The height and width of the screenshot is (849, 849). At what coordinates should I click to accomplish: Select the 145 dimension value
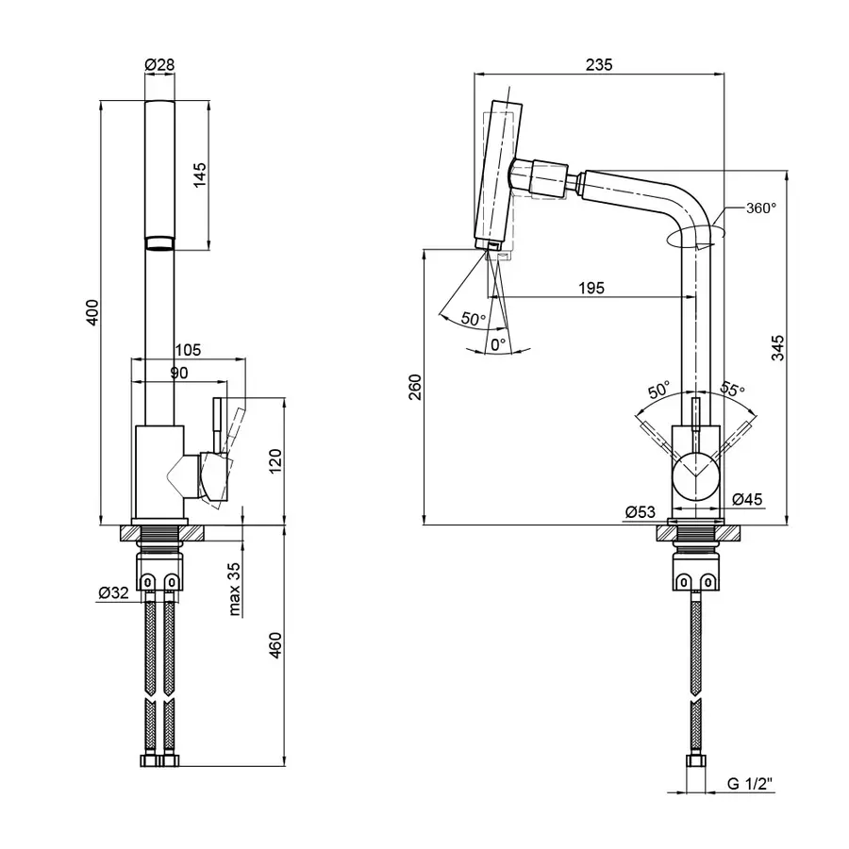[x=200, y=175]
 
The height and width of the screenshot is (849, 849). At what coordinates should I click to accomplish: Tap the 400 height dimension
[x=92, y=313]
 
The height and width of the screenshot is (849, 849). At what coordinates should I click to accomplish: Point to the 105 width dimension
[x=188, y=350]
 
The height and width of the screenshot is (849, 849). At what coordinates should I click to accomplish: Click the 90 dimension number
[x=179, y=373]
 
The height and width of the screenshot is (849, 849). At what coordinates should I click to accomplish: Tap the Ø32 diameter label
[x=112, y=593]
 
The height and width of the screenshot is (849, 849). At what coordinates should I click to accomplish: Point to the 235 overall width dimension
[x=599, y=65]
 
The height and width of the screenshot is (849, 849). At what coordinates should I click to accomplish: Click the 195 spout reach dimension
[x=592, y=288]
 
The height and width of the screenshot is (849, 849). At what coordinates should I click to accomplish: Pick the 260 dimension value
[x=416, y=387]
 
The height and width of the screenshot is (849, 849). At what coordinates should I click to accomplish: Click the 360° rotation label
[x=760, y=208]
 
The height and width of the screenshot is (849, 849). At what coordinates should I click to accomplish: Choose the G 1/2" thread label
[x=749, y=782]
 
